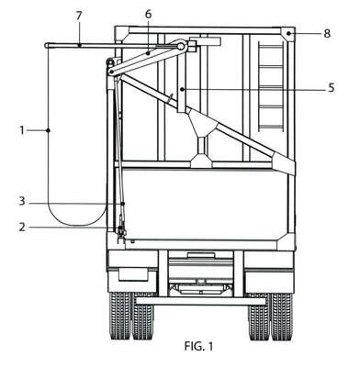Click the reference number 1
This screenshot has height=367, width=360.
click(x=22, y=130)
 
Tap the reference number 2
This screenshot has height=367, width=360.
click(x=22, y=228)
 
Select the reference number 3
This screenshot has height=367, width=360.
click(x=22, y=202)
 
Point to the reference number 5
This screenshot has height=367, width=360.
click(x=331, y=88)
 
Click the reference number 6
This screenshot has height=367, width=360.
click(x=148, y=14)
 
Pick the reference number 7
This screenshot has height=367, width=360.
click(x=79, y=16)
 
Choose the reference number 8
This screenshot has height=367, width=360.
click(x=327, y=33)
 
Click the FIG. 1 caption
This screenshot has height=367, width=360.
click(x=198, y=347)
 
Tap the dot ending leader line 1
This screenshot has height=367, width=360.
click(x=48, y=130)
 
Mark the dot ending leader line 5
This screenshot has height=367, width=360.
click(x=182, y=89)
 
